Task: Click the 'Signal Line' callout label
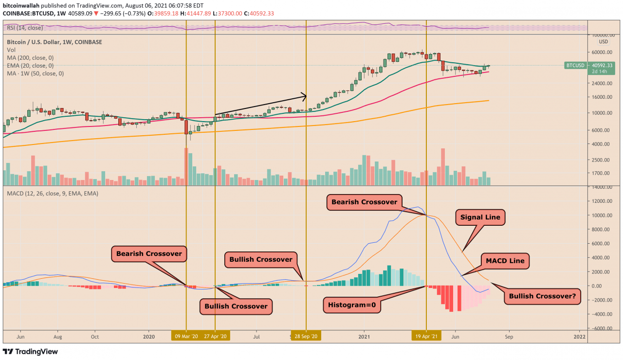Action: point(480,217)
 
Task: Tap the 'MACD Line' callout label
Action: point(505,261)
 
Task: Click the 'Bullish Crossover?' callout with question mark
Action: point(542,296)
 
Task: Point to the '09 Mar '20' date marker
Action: point(185,336)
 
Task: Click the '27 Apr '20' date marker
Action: point(215,336)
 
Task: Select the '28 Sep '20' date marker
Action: point(306,336)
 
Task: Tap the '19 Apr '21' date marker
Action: point(426,336)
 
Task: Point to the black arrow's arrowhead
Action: point(304,95)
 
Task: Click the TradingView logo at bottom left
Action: point(30,352)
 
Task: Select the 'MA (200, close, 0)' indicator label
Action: point(30,58)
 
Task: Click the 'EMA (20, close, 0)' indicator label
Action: point(30,66)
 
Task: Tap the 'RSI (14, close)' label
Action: point(24,28)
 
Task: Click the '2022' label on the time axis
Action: point(579,336)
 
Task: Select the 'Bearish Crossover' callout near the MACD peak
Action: point(364,202)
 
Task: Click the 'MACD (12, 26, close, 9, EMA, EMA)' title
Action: point(53,194)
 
